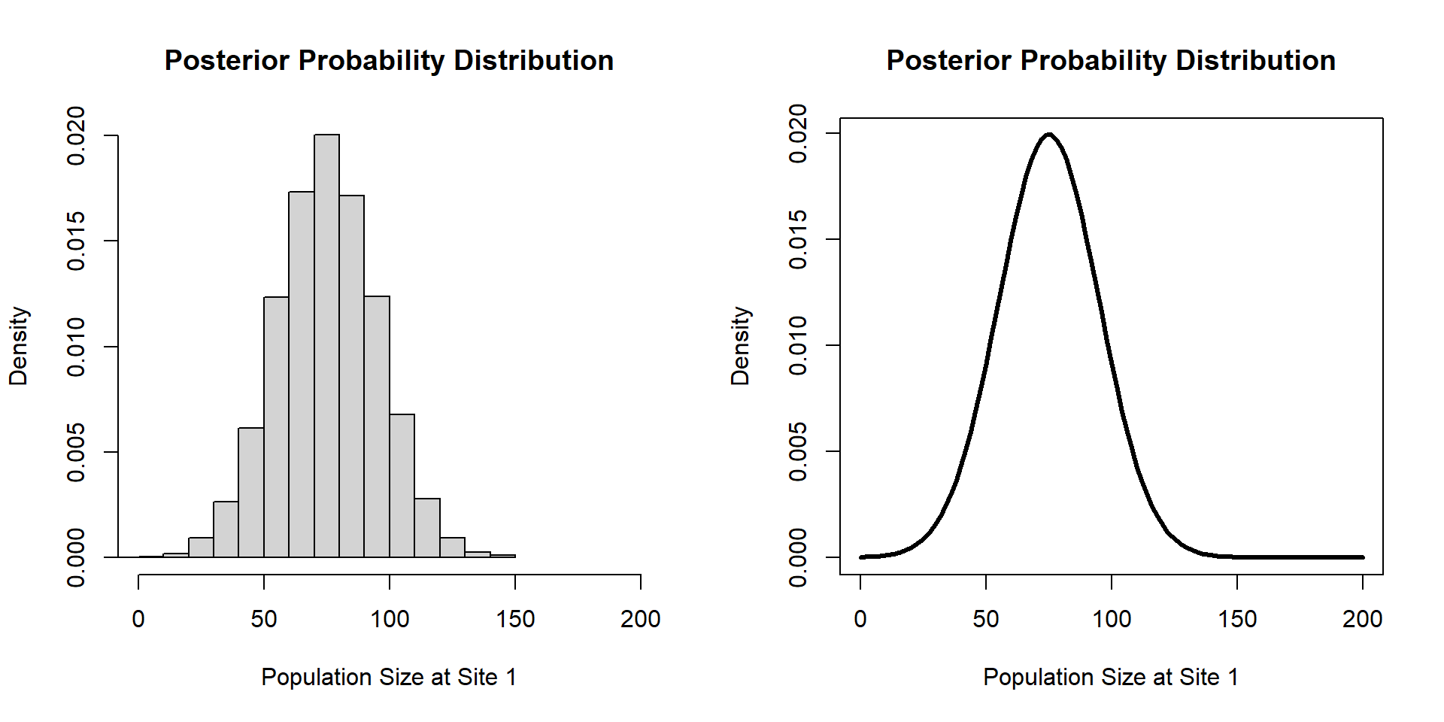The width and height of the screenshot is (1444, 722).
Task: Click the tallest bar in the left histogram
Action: [326, 346]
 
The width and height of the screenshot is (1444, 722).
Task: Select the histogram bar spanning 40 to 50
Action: [251, 493]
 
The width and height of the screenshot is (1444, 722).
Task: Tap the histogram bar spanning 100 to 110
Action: [402, 486]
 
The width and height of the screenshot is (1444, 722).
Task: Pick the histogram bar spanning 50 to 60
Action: [276, 427]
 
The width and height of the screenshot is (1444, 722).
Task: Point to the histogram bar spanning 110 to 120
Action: [427, 528]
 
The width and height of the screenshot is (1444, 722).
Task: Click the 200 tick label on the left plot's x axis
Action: [640, 619]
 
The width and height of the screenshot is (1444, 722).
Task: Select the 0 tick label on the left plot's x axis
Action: [138, 619]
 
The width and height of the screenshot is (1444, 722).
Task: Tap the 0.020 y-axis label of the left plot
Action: [76, 135]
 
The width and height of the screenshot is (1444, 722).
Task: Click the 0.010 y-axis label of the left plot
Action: [76, 347]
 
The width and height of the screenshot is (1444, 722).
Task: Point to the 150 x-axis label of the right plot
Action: [1237, 619]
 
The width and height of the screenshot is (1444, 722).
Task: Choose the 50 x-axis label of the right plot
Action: [986, 619]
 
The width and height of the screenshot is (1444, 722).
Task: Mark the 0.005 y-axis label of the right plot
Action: [798, 451]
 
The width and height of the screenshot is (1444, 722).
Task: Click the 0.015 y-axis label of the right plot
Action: [798, 239]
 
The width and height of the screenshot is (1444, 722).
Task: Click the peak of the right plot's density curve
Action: [1048, 135]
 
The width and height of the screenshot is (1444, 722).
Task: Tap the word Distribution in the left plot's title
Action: [534, 60]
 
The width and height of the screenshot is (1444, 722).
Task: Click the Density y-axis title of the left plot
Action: [18, 346]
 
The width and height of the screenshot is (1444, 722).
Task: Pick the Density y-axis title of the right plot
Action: [740, 346]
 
